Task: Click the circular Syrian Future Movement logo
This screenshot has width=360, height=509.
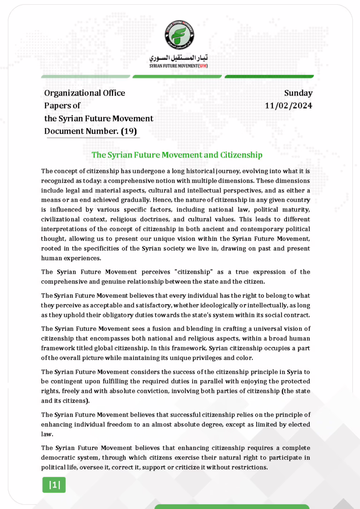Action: (180, 35)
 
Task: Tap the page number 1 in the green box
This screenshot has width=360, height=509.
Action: (54, 485)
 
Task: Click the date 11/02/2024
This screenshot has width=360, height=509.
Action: (288, 105)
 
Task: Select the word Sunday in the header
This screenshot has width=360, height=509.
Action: (298, 93)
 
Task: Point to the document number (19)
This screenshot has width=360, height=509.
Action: (129, 131)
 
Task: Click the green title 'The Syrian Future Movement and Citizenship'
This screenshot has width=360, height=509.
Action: (177, 155)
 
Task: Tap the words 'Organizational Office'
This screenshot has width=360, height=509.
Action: (84, 93)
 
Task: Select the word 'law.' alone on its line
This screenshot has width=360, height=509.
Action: (47, 434)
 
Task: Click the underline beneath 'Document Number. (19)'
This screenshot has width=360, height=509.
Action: (93, 137)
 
